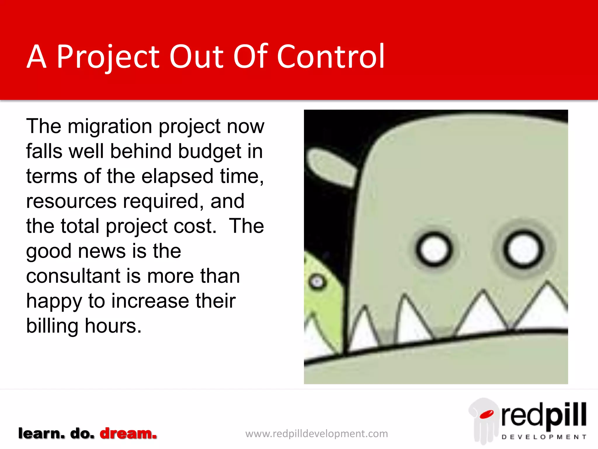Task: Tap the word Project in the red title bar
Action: tap(108, 57)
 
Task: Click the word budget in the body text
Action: tap(210, 151)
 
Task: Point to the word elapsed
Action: tap(177, 177)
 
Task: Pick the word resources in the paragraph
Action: tap(71, 201)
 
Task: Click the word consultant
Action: tap(73, 276)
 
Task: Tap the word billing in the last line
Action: tap(52, 326)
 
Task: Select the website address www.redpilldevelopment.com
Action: tap(317, 434)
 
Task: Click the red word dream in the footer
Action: tap(128, 434)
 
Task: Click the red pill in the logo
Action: tap(486, 414)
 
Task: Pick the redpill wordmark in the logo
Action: tap(544, 415)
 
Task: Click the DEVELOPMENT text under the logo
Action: tap(544, 437)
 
